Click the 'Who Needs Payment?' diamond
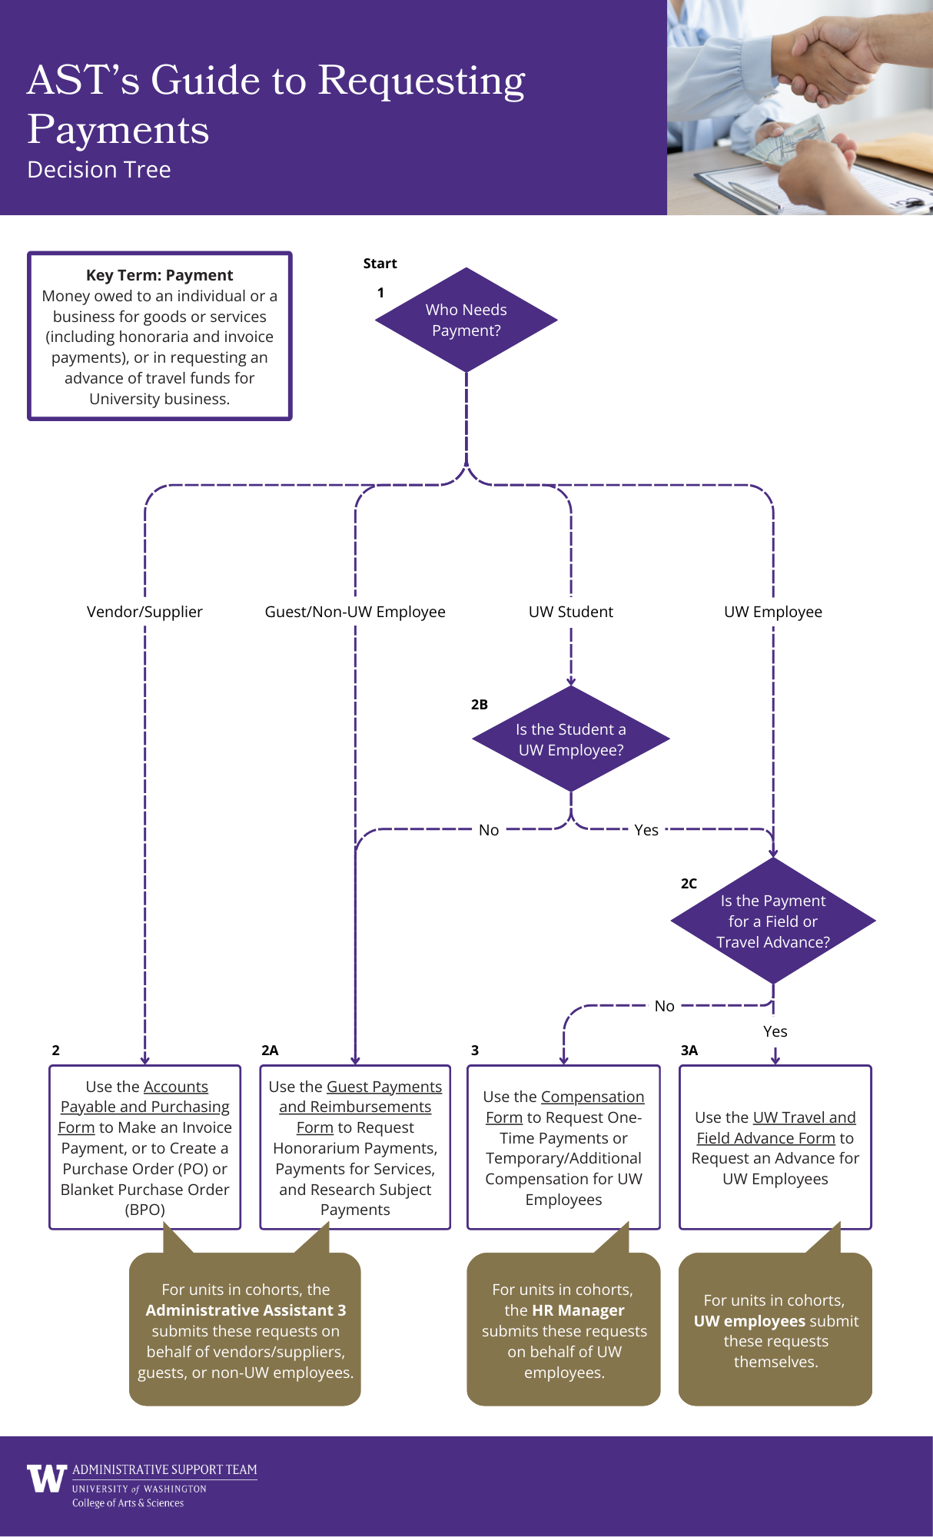pyautogui.click(x=466, y=320)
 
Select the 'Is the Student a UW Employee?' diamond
pyautogui.click(x=570, y=739)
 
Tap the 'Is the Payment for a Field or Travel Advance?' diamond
pyautogui.click(x=773, y=921)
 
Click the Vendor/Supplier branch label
pyautogui.click(x=144, y=612)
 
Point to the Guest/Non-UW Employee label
pyautogui.click(x=355, y=612)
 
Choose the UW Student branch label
pyautogui.click(x=570, y=612)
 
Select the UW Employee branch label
pyautogui.click(x=773, y=612)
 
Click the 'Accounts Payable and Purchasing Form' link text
pyautogui.click(x=145, y=1107)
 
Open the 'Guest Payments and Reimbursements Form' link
pyautogui.click(x=355, y=1107)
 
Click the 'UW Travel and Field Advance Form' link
pyautogui.click(x=776, y=1127)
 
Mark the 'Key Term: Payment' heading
pyautogui.click(x=159, y=275)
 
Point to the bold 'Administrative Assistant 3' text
pyautogui.click(x=245, y=1310)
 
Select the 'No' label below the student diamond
pyautogui.click(x=489, y=830)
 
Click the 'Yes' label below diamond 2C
pyautogui.click(x=775, y=1031)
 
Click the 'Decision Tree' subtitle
pyautogui.click(x=99, y=170)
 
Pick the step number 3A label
pyautogui.click(x=689, y=1051)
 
